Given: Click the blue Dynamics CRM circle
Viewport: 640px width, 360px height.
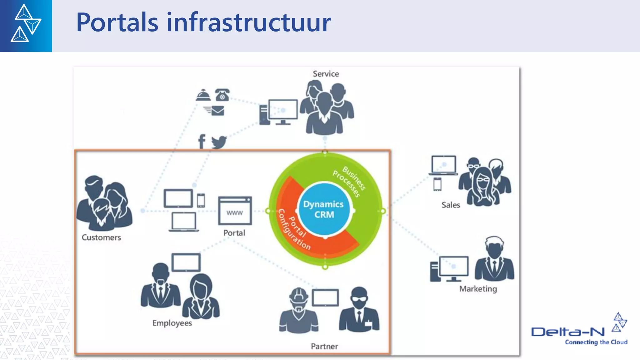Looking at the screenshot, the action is point(324,209).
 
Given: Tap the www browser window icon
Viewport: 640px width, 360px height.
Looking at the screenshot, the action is point(235,211).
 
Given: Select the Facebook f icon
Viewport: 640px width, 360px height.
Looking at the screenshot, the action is point(202,142).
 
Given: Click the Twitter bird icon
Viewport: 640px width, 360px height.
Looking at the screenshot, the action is point(219,142).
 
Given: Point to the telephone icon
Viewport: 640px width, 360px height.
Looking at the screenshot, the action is point(222,95).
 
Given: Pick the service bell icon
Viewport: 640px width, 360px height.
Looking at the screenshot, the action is point(203,95).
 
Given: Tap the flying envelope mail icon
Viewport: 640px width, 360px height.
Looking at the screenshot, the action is point(215,111).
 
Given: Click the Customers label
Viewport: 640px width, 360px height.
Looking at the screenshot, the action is point(101,237).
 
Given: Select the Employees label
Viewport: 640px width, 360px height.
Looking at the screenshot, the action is point(172,323).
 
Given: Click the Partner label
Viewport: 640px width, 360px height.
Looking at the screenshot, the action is point(324,346).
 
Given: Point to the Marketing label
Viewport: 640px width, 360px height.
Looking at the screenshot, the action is point(478,289).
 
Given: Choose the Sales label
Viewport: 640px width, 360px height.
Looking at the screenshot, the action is point(451,205).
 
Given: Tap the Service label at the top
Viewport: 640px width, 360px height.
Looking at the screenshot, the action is point(326,74).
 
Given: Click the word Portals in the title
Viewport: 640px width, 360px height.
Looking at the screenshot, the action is point(117,22).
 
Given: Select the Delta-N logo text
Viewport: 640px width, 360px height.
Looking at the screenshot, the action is point(567,332).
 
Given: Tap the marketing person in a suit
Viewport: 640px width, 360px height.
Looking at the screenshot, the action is point(494,259).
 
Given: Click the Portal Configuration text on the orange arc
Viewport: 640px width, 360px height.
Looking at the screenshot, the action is point(294,230).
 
